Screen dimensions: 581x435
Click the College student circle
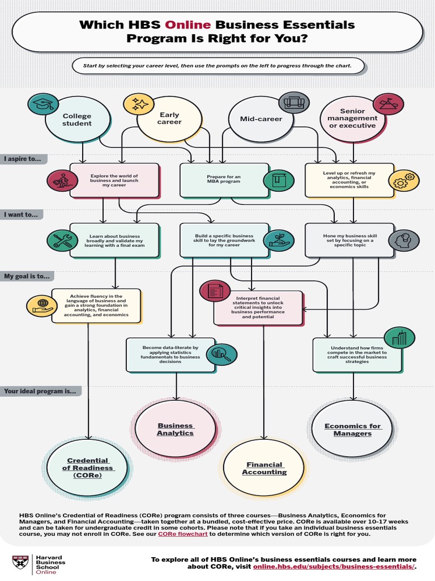pyautogui.click(x=76, y=120)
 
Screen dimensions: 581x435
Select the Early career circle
pyautogui.click(x=169, y=119)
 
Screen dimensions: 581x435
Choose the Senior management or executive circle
pyautogui.click(x=352, y=119)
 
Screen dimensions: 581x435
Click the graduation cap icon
pyautogui.click(x=42, y=104)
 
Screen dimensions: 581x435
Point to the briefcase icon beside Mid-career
pyautogui.click(x=294, y=103)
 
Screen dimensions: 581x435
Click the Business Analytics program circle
pyautogui.click(x=176, y=430)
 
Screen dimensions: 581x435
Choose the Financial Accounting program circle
pyautogui.click(x=265, y=468)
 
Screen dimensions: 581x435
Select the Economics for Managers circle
pyautogui.click(x=353, y=430)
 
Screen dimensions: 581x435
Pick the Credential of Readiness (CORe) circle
pyautogui.click(x=88, y=468)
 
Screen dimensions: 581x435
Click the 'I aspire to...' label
pyautogui.click(x=23, y=159)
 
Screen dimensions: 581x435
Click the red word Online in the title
pyautogui.click(x=188, y=24)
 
